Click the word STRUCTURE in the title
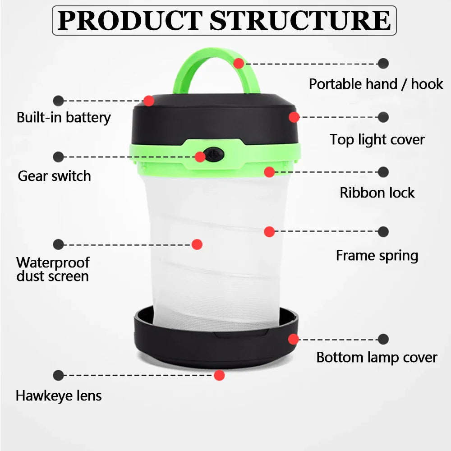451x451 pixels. (300, 20)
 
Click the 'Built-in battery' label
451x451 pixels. (64, 117)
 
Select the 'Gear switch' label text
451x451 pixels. (55, 176)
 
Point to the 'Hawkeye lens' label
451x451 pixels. (59, 396)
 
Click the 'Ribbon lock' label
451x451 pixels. (377, 193)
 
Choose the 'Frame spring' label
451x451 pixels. (377, 256)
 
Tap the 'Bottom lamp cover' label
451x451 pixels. (377, 358)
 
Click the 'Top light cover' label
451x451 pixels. (377, 140)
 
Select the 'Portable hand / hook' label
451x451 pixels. (376, 84)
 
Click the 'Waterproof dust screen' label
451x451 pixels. (53, 269)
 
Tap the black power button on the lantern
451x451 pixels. (214, 154)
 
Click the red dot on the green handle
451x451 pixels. (239, 63)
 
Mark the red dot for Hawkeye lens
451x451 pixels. (219, 375)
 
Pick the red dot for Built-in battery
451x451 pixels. (149, 101)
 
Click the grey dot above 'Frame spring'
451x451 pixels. (383, 231)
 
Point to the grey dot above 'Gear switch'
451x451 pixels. (58, 157)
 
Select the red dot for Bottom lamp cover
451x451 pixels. (294, 340)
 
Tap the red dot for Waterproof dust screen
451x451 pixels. (197, 244)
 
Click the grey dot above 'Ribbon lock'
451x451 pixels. (383, 172)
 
